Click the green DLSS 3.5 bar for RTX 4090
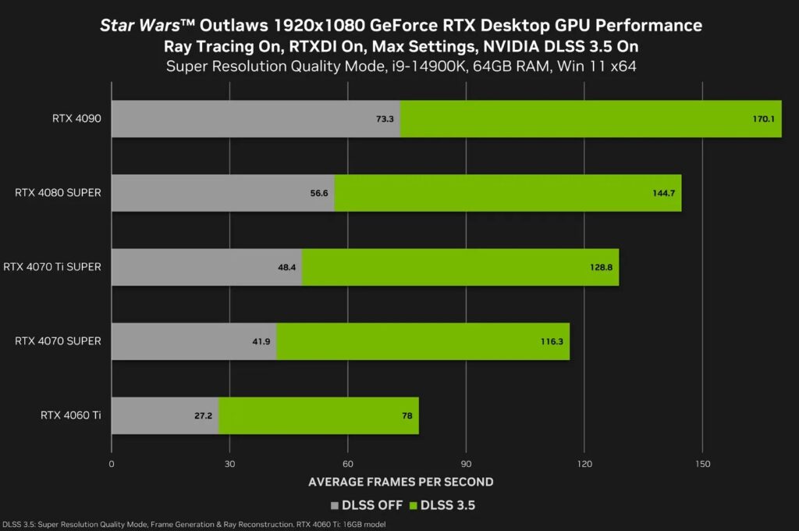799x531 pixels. click(591, 119)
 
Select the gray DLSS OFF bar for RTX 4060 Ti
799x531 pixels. click(165, 415)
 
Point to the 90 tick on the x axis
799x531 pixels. click(466, 463)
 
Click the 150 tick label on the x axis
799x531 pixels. click(702, 463)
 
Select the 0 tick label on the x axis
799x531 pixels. click(112, 463)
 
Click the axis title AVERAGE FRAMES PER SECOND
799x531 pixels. click(400, 481)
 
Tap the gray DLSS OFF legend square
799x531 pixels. click(336, 505)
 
